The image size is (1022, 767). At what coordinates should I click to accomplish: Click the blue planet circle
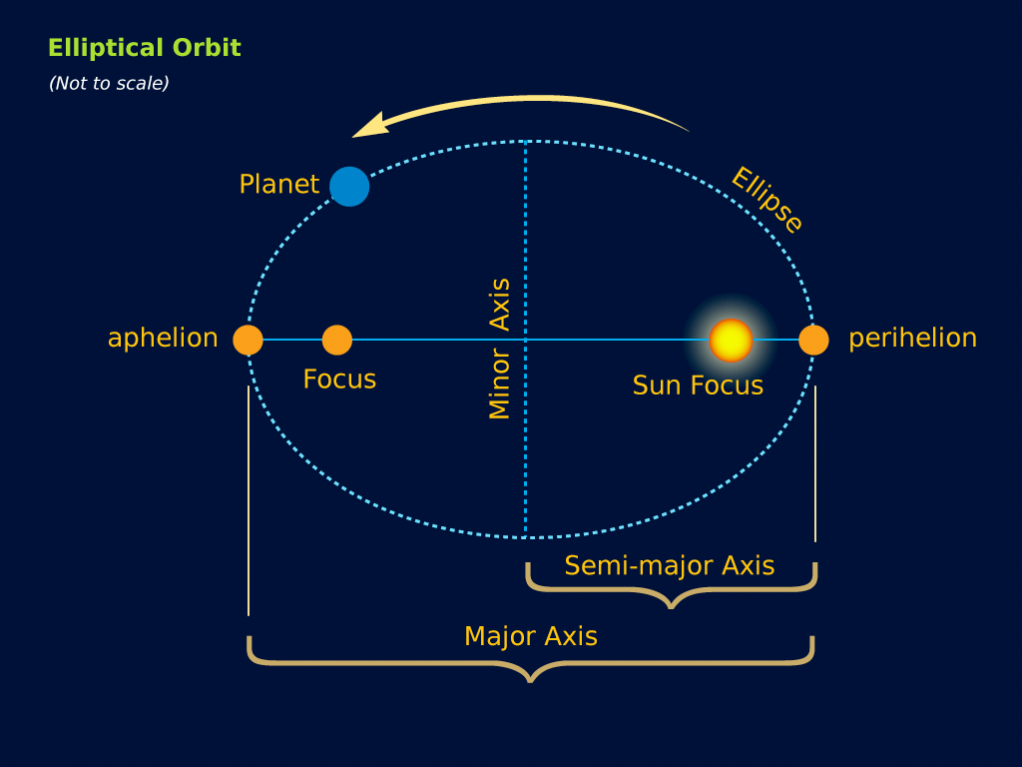coord(349,187)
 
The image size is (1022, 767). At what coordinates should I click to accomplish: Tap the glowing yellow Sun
coord(731,341)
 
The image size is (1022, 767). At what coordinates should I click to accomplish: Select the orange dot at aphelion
coord(248,341)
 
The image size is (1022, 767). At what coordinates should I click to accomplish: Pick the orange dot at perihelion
coord(813,341)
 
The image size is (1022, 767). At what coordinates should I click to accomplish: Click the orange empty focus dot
coord(337,341)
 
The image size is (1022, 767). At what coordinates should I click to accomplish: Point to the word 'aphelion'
coord(163,339)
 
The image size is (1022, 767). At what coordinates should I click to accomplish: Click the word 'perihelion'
coord(912,339)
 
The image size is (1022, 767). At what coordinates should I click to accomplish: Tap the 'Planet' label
coord(279,185)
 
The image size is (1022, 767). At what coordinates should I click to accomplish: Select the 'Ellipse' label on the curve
coord(766,200)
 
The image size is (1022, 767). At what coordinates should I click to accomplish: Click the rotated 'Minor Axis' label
coord(500,349)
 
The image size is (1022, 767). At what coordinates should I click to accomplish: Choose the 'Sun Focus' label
coord(698,385)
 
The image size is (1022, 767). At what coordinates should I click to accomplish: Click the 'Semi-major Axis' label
coord(670,566)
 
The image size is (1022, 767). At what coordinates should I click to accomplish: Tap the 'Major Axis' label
coord(531,636)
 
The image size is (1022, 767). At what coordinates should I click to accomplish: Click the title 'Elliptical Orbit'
coord(145,48)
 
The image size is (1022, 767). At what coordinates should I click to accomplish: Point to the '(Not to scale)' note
coord(109,84)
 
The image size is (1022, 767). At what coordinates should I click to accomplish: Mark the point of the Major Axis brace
coord(531,679)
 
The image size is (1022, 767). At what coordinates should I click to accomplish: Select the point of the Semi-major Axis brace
coord(671,605)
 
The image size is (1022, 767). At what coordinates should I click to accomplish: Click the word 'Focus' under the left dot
coord(339,380)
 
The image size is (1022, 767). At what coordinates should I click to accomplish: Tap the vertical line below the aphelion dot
coord(249,499)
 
